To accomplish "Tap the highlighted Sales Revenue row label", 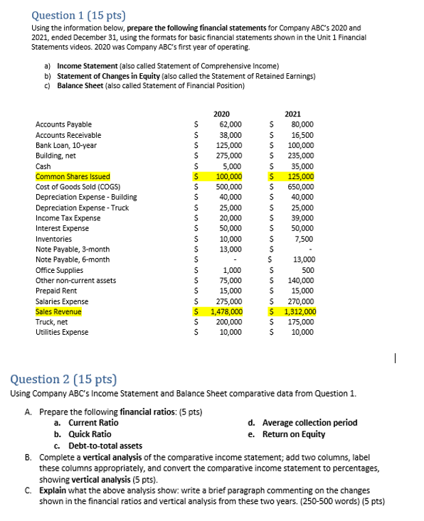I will [x=58, y=311].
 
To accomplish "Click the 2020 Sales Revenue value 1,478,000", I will [x=226, y=311].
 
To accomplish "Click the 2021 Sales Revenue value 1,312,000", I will [x=299, y=311].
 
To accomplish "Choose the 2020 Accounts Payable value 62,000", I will [x=230, y=124].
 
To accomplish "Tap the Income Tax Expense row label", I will [x=68, y=218].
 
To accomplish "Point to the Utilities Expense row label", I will [x=62, y=332].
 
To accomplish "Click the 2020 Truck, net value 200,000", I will [x=228, y=322].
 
